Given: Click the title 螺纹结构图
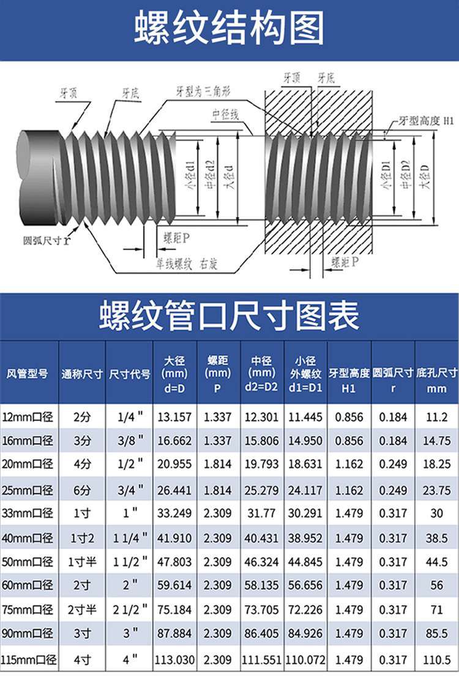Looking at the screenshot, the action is tap(229, 28).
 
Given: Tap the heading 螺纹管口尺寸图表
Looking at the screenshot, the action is tap(229, 316).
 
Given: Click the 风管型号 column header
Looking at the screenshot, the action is tap(27, 373).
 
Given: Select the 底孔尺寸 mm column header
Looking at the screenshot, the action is tap(436, 380).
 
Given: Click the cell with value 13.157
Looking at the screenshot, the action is tap(174, 417).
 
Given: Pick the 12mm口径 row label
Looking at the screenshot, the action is tap(28, 417).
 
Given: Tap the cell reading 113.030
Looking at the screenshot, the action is tap(175, 659).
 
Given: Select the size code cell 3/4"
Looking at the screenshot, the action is tap(130, 490).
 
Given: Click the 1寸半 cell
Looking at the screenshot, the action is tap(82, 562).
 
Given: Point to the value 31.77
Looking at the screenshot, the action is tap(261, 513).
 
